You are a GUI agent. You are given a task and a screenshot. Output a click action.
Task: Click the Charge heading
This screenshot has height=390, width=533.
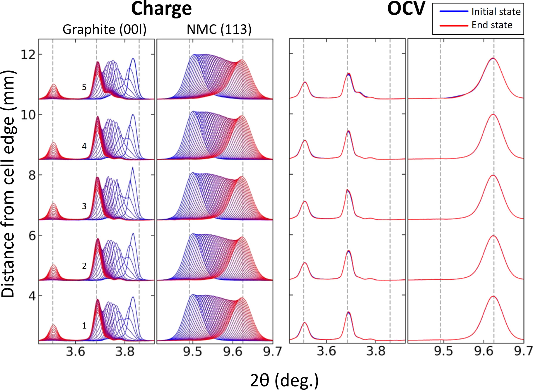pos(161,9)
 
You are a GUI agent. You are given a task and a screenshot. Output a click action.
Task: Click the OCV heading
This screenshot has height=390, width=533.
pos(406,9)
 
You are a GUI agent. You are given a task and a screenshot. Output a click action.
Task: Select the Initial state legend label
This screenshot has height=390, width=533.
pos(496,12)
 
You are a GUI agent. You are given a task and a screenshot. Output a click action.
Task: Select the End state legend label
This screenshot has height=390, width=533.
pos(492,25)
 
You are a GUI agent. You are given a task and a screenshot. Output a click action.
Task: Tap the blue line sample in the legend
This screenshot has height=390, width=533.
pos(454,11)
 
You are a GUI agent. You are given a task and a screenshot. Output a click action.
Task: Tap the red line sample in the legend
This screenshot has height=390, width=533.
pos(454,25)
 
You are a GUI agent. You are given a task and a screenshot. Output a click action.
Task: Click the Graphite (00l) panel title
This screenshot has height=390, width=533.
pos(104,30)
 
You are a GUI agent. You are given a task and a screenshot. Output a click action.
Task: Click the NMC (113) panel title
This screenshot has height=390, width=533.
pos(219,30)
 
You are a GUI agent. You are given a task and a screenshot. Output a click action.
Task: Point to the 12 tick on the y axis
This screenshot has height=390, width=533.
pos(28,54)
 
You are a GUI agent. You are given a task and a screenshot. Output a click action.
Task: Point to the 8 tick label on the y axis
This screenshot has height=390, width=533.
pos(32,175)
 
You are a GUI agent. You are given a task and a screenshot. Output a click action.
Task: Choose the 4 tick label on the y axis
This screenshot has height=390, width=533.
pos(32,296)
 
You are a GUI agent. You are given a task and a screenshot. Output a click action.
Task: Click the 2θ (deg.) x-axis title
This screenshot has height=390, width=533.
pos(284,381)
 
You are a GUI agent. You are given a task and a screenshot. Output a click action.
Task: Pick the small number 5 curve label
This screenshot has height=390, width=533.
pos(84,87)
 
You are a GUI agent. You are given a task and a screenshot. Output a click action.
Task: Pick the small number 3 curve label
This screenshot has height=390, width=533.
pos(84,206)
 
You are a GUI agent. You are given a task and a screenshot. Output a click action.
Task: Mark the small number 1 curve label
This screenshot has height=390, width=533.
pos(84,326)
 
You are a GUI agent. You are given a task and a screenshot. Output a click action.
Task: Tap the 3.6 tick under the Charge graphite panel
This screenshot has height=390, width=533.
pos(76,351)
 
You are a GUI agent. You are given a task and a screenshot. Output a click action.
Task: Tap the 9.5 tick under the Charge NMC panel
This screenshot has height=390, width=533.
pos(192,351)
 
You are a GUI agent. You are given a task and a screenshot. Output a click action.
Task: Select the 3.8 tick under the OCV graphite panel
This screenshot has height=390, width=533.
pos(376,351)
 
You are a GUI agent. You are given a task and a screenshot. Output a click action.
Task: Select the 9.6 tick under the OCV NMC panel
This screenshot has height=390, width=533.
pos(484,351)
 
